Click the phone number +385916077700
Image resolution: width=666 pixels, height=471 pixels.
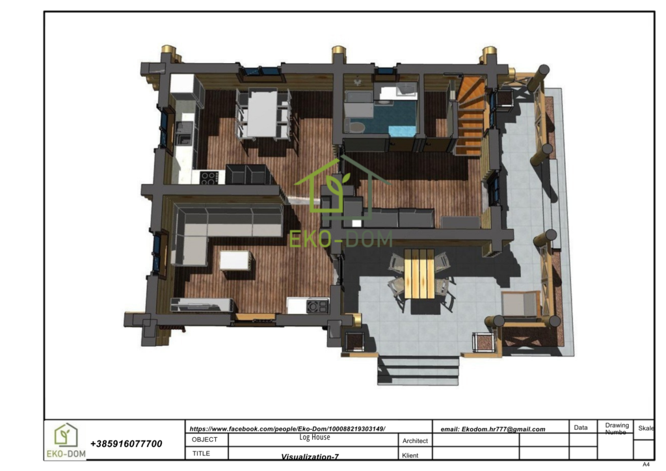pyautogui.click(x=126, y=444)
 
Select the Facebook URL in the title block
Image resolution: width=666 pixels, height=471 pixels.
pyautogui.click(x=287, y=429)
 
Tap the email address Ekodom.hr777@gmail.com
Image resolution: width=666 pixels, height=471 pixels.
pyautogui.click(x=493, y=429)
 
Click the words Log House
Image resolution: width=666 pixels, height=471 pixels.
pyautogui.click(x=315, y=437)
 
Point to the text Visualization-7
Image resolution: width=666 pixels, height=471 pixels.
pyautogui.click(x=310, y=457)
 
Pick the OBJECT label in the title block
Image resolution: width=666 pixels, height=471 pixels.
pyautogui.click(x=204, y=440)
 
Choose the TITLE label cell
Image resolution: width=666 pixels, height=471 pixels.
pyautogui.click(x=202, y=453)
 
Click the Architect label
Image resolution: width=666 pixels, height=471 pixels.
pyautogui.click(x=415, y=441)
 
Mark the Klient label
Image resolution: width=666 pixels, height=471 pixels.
pyautogui.click(x=410, y=455)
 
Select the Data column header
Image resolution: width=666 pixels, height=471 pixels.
pyautogui.click(x=581, y=427)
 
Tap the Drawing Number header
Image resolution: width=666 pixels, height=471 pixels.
pyautogui.click(x=617, y=429)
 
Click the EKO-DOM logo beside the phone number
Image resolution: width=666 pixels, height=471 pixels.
pyautogui.click(x=66, y=441)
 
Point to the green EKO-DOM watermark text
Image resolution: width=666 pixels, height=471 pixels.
pyautogui.click(x=341, y=239)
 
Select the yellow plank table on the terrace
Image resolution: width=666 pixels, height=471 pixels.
pyautogui.click(x=419, y=274)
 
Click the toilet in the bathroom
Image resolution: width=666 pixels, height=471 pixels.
pyautogui.click(x=356, y=126)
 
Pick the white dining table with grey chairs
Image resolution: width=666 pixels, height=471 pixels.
pyautogui.click(x=263, y=114)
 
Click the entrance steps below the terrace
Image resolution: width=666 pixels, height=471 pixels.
pyautogui.click(x=418, y=370)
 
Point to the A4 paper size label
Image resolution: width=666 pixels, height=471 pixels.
pyautogui.click(x=646, y=464)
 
